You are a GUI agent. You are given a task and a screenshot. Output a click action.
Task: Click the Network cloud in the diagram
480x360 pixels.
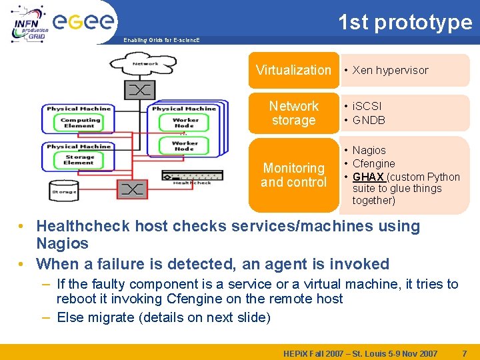pyautogui.click(x=145, y=65)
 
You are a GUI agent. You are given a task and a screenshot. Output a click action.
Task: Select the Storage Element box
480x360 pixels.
pyautogui.click(x=79, y=160)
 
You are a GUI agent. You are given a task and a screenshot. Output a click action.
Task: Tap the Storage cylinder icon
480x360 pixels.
pyautogui.click(x=65, y=191)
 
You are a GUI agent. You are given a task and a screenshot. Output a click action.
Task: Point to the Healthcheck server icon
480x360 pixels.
pyautogui.click(x=192, y=176)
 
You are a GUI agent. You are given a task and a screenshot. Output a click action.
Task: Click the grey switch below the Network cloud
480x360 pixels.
pyautogui.click(x=139, y=90)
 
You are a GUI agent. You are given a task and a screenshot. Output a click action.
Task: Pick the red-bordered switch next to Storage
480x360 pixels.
pyautogui.click(x=132, y=190)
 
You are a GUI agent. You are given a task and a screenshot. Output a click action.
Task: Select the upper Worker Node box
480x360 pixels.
pyautogui.click(x=184, y=123)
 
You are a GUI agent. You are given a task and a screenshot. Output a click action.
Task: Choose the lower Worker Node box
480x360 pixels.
pyautogui.click(x=185, y=146)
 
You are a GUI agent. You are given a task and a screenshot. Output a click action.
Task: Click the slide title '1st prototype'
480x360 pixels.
pyautogui.click(x=405, y=22)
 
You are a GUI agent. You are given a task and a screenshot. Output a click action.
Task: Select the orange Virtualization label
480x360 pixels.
pyautogui.click(x=293, y=70)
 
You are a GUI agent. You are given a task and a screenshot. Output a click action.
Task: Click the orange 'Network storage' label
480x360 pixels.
pyautogui.click(x=293, y=113)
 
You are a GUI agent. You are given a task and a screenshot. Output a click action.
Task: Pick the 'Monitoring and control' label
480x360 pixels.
pyautogui.click(x=293, y=175)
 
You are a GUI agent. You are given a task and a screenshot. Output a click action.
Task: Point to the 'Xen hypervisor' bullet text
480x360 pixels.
pyautogui.click(x=390, y=70)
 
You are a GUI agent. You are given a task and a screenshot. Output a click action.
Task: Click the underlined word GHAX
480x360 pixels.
pyautogui.click(x=368, y=177)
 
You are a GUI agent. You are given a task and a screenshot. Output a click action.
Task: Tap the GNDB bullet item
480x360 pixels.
pyautogui.click(x=369, y=120)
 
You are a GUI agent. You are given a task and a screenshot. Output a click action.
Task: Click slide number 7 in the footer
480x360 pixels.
pyautogui.click(x=463, y=353)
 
